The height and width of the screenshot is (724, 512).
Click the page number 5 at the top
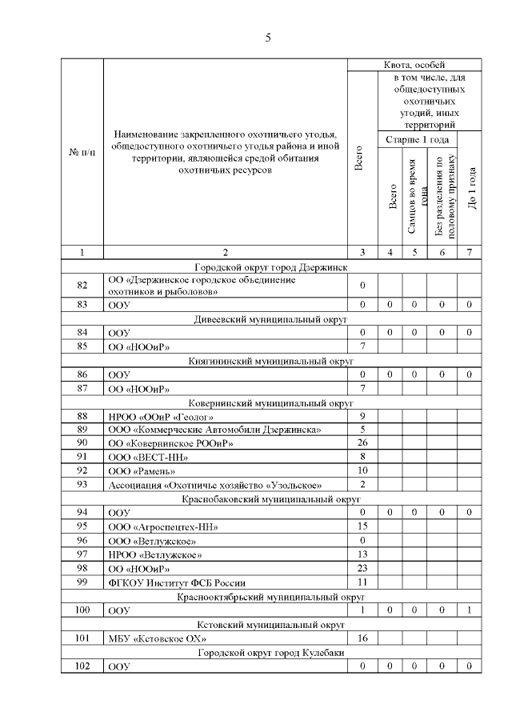click(268, 37)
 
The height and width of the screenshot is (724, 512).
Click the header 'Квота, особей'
click(414, 64)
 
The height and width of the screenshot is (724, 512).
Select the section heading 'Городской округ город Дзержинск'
click(271, 267)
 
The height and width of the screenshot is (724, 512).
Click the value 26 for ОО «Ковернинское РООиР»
click(362, 442)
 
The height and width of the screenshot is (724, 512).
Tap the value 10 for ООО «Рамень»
click(362, 470)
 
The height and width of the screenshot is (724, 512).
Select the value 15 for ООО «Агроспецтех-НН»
click(362, 526)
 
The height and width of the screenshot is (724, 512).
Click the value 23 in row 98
click(362, 568)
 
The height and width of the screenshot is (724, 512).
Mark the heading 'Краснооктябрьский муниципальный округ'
click(271, 597)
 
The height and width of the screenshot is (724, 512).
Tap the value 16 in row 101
click(362, 638)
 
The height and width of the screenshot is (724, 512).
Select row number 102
click(82, 666)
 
